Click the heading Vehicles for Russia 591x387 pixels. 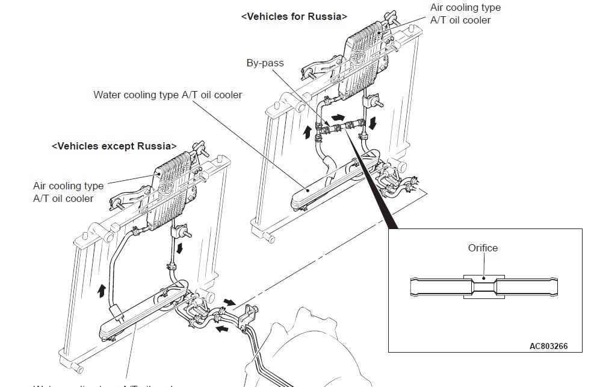click(x=294, y=17)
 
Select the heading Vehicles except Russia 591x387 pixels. click(x=114, y=146)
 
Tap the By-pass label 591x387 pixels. click(x=265, y=63)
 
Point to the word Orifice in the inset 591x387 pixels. click(x=483, y=248)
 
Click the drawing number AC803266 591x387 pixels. click(x=548, y=347)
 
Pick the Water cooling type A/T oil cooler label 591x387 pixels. click(x=168, y=95)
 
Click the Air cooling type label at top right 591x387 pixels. click(x=465, y=14)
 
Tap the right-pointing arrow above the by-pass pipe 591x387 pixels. click(x=338, y=116)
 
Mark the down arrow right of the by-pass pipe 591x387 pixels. click(x=374, y=124)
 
